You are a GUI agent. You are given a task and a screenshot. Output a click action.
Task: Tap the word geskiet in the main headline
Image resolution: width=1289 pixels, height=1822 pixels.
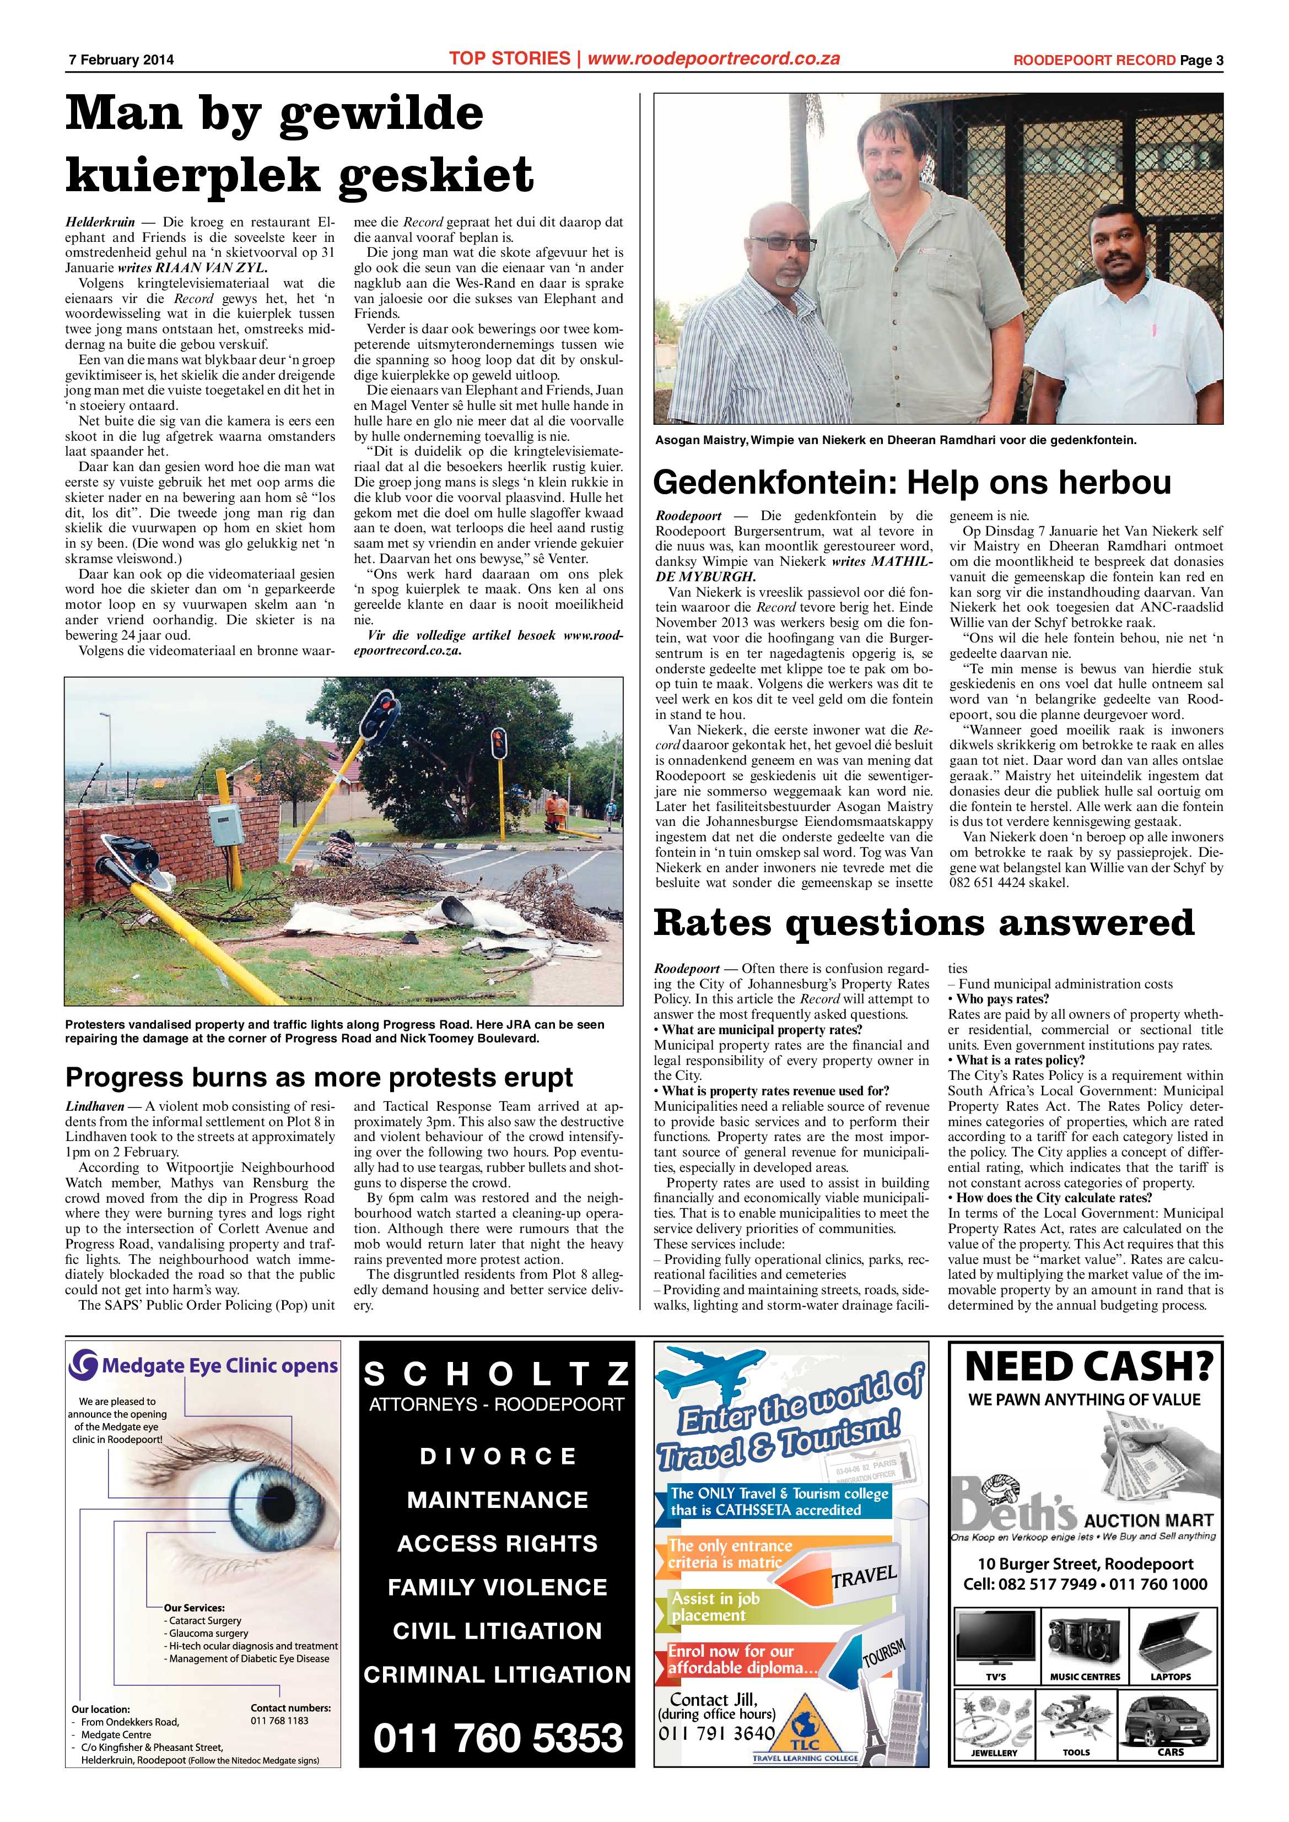(x=435, y=175)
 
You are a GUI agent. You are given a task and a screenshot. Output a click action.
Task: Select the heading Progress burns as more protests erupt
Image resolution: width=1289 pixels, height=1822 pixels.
(x=319, y=1077)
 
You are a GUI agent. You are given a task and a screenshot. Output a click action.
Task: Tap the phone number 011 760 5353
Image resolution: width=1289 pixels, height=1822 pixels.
(x=498, y=1737)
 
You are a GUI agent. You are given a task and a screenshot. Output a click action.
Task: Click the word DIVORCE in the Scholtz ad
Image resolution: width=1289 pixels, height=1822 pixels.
(x=498, y=1456)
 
